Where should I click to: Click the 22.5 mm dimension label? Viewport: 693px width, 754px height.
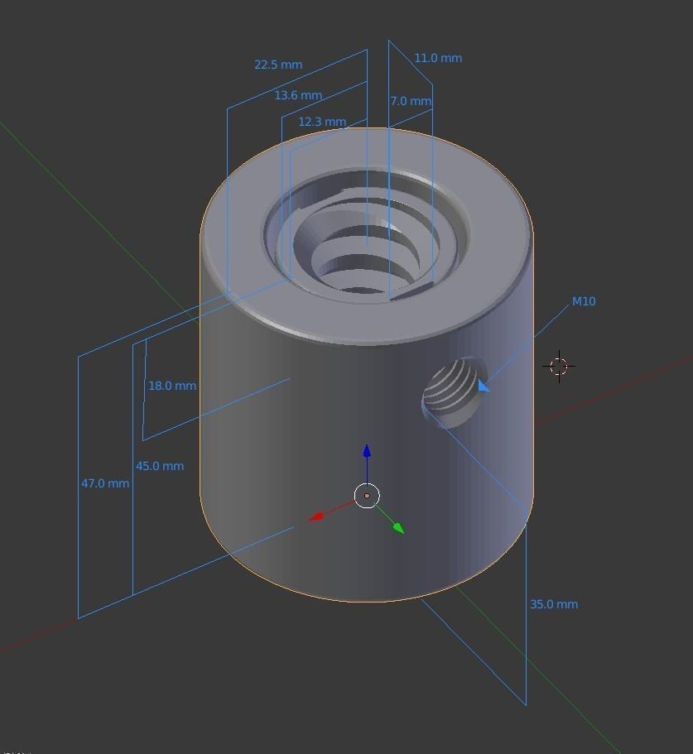click(278, 65)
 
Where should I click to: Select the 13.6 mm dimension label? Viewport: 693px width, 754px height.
click(298, 95)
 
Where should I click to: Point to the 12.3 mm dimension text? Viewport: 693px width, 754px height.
click(322, 122)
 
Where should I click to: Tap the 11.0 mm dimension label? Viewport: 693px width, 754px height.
click(438, 58)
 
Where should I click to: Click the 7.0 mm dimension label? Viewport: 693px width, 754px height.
click(411, 101)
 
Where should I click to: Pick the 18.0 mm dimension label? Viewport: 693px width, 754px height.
click(172, 386)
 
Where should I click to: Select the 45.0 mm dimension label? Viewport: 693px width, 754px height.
click(160, 466)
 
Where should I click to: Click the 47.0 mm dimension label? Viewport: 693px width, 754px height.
click(105, 483)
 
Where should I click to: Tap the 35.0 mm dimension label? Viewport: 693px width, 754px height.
click(554, 604)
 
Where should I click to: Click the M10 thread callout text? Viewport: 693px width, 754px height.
click(584, 301)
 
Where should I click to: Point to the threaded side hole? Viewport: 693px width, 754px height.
click(453, 391)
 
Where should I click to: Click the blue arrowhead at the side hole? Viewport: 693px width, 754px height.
click(483, 387)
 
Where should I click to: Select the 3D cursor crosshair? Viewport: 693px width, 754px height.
click(559, 366)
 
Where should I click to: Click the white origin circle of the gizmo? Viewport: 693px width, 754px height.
click(367, 496)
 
